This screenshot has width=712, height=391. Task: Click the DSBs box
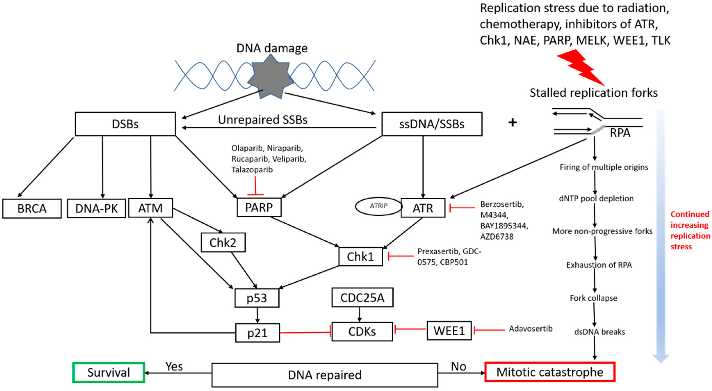pyautogui.click(x=125, y=124)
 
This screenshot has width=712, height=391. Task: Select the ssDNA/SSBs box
pyautogui.click(x=432, y=124)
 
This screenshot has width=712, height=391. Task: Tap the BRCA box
pyautogui.click(x=32, y=209)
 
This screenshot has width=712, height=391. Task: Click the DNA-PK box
pyautogui.click(x=97, y=209)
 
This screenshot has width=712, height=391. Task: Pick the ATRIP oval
pyautogui.click(x=378, y=206)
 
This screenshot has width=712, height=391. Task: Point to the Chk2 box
pyautogui.click(x=223, y=243)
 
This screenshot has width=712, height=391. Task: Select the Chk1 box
pyautogui.click(x=360, y=257)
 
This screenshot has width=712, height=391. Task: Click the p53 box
pyautogui.click(x=257, y=298)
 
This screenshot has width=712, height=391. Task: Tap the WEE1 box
pyautogui.click(x=449, y=331)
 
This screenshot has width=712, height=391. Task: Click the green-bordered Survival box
pyautogui.click(x=109, y=373)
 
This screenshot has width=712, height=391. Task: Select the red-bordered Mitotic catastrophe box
pyautogui.click(x=550, y=372)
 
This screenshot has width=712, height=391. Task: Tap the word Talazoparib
pyautogui.click(x=252, y=170)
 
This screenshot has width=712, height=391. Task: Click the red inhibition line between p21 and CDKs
pyautogui.click(x=305, y=332)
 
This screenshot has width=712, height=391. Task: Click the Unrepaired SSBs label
pyautogui.click(x=263, y=120)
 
